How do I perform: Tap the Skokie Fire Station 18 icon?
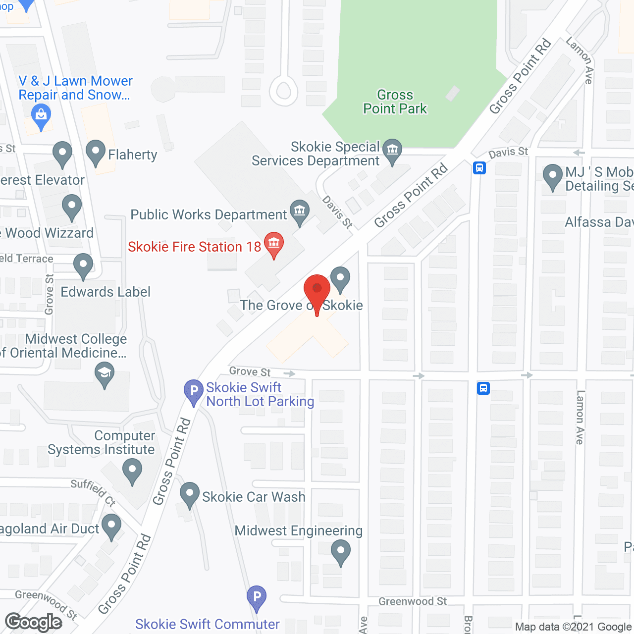[273, 244]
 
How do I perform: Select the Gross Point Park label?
[395, 102]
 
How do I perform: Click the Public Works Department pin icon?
[300, 212]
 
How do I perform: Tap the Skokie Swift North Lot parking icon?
[194, 391]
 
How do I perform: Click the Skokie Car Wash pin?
[189, 494]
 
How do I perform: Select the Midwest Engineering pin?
[340, 551]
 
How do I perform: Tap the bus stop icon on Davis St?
[479, 168]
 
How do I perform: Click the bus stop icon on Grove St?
[483, 388]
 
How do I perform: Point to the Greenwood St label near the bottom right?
[413, 601]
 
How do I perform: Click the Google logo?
[34, 622]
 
